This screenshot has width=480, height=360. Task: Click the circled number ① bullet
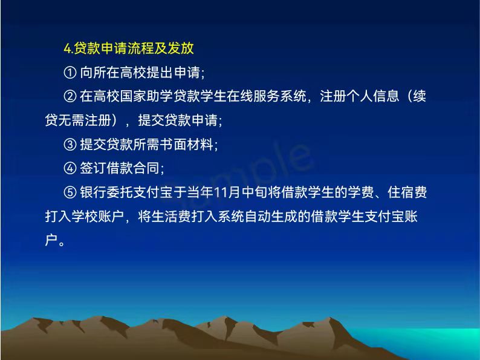click(70, 73)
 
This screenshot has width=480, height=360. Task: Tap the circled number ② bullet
click(70, 96)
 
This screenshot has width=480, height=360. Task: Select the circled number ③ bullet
click(70, 145)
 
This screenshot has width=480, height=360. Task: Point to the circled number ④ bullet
click(70, 168)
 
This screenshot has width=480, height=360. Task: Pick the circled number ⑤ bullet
click(70, 192)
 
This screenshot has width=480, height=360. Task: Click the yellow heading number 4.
click(67, 49)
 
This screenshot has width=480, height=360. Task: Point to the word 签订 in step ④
click(93, 168)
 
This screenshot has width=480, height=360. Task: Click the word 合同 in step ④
click(146, 168)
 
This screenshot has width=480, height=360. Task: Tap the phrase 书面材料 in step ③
click(186, 145)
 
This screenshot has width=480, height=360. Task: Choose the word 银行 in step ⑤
click(93, 192)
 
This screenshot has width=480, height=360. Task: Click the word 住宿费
click(407, 192)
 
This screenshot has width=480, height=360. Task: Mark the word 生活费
click(171, 217)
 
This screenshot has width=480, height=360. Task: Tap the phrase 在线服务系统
click(267, 96)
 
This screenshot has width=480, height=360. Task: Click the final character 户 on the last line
click(51, 240)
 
